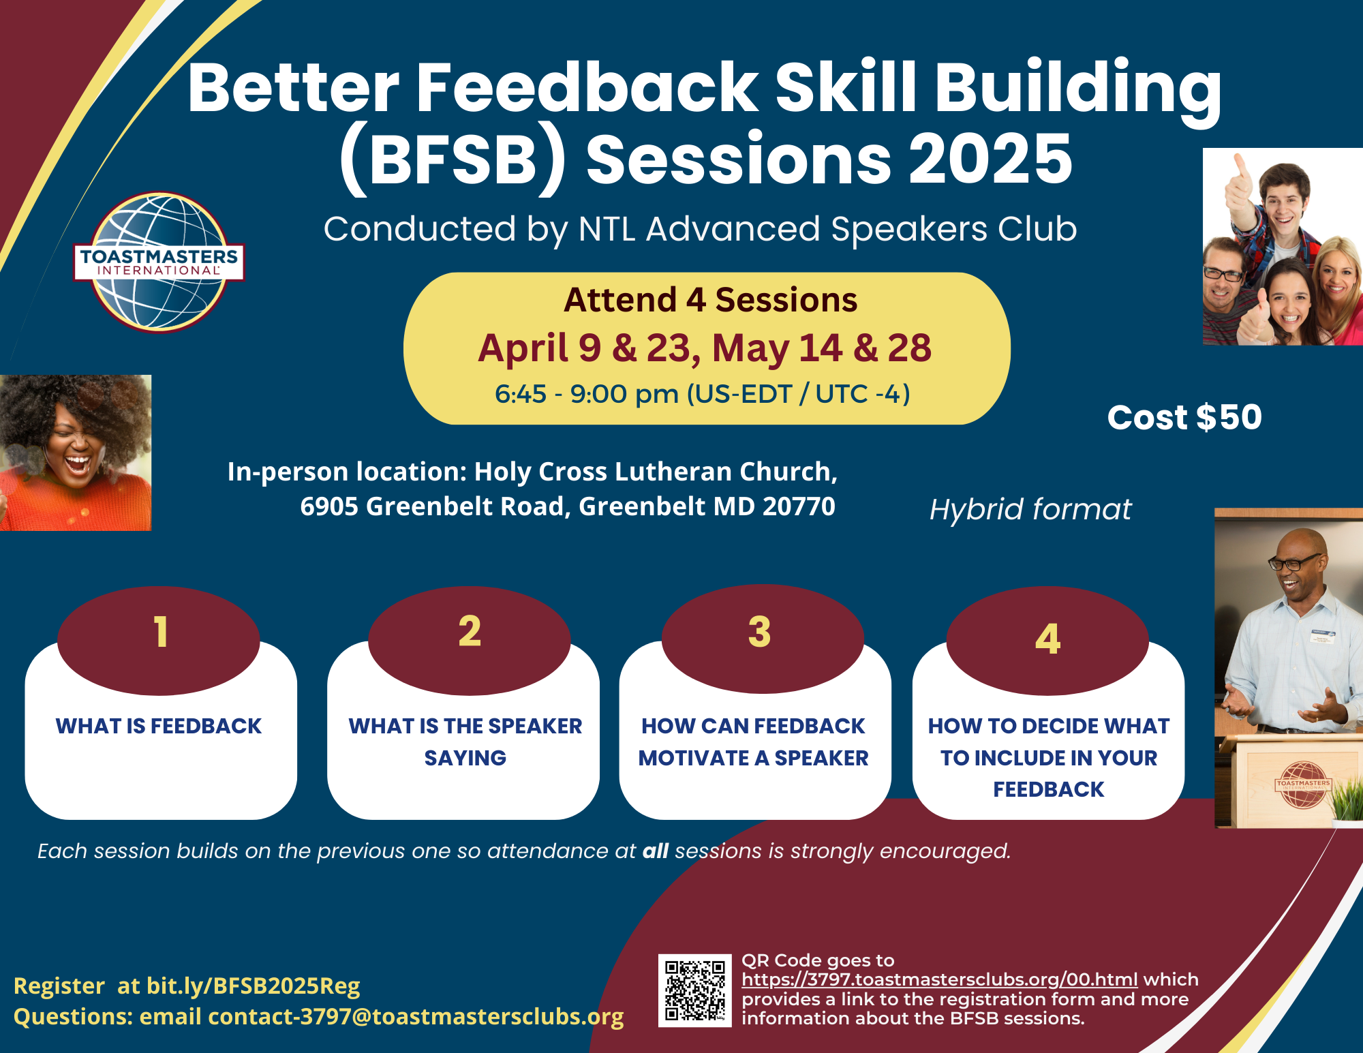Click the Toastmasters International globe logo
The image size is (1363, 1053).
tap(159, 262)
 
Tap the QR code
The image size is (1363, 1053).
tap(694, 990)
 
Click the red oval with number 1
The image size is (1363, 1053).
tap(159, 640)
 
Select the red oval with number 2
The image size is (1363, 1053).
tap(470, 640)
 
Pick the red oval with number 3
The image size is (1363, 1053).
tap(763, 640)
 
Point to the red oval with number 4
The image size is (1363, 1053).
tap(1047, 641)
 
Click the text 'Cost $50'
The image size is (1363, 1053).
tap(1184, 417)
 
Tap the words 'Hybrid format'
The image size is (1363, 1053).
tap(1030, 510)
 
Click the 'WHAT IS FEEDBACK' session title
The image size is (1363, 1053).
tap(159, 726)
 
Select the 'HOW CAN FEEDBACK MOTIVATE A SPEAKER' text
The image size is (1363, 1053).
tap(754, 742)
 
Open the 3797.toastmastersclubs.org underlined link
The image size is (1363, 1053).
tap(940, 979)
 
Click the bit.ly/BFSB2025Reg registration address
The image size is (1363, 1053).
tap(254, 986)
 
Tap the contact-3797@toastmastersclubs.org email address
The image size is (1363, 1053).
tap(416, 1016)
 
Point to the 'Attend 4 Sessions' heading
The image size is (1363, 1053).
tap(711, 300)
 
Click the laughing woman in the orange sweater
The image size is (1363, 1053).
tap(75, 453)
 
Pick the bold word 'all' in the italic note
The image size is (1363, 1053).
tap(656, 851)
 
